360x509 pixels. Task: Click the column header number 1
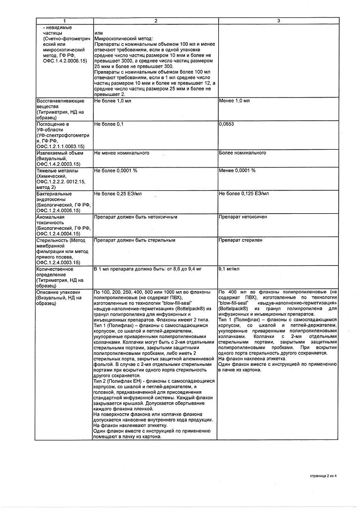64,20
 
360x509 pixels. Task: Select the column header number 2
155,20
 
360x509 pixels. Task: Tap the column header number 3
278,20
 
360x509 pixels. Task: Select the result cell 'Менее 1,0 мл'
234,100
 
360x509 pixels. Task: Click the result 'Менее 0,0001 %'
237,170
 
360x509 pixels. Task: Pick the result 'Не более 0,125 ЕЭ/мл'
244,193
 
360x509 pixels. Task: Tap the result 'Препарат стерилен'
240,240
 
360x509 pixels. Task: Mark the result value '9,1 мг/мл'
229,269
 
